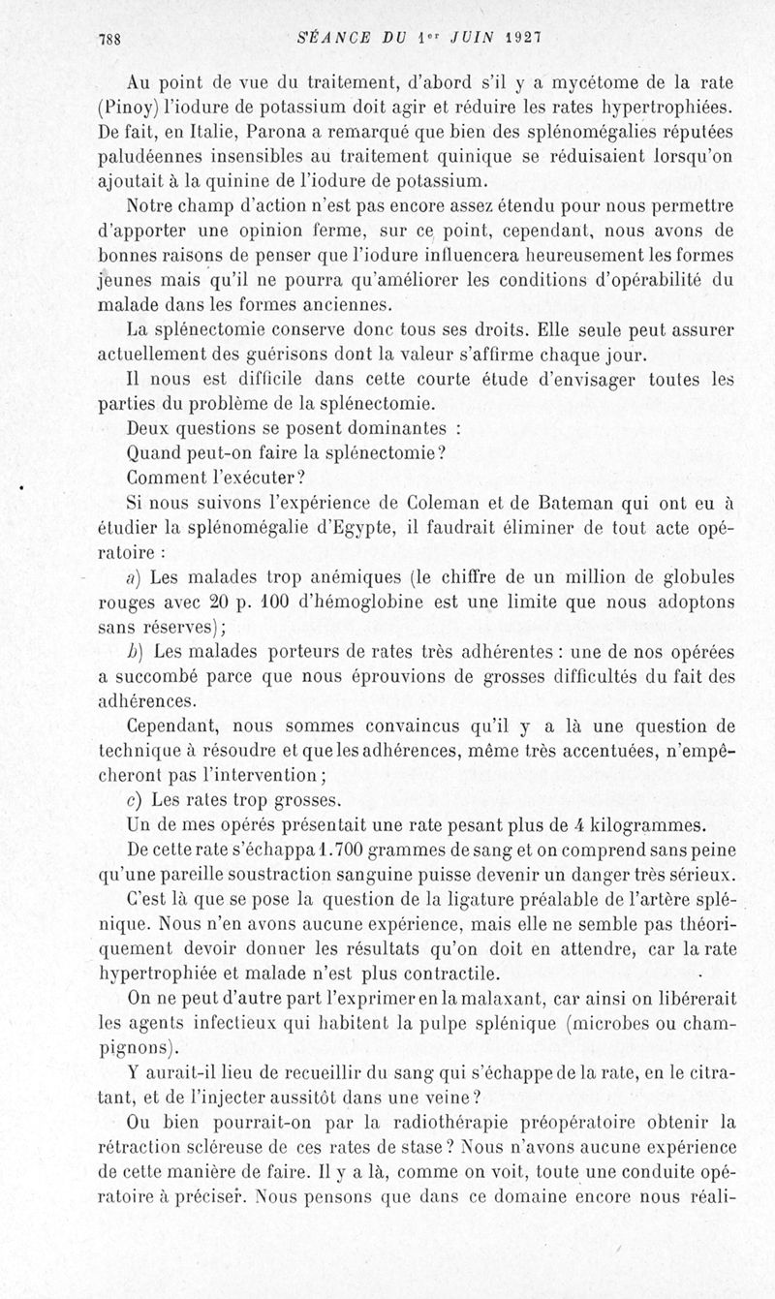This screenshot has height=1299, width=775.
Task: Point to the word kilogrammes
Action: (644, 825)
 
